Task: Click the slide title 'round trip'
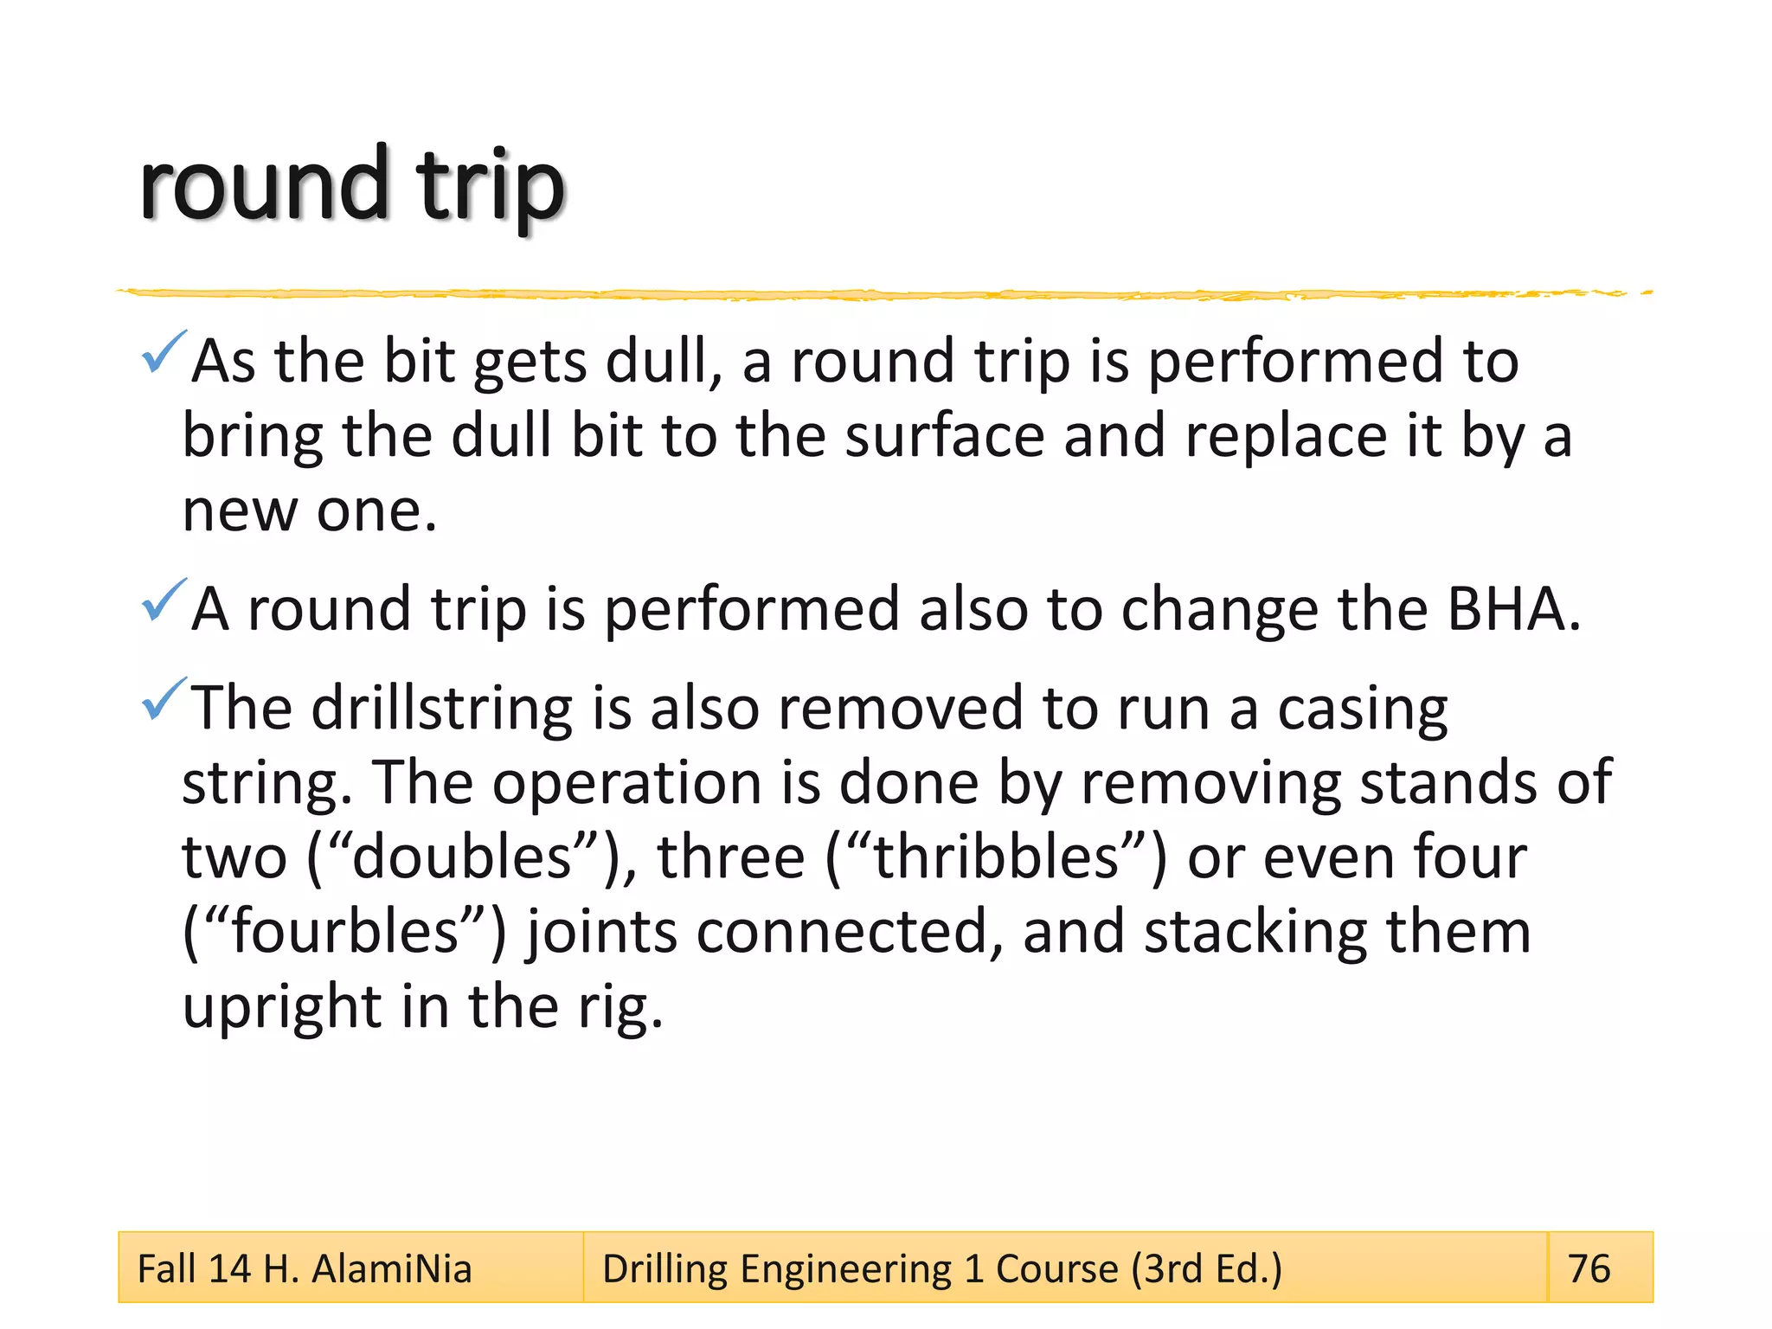[x=351, y=186]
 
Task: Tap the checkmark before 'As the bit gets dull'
[x=163, y=352]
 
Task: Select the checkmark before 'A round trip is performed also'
[x=163, y=600]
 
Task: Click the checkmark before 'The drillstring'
[x=163, y=699]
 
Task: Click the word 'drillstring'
[x=441, y=709]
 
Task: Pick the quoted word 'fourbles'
[x=345, y=932]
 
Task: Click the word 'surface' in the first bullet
[x=944, y=435]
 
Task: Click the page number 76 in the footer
[x=1589, y=1268]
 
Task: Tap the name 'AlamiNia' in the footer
[x=392, y=1269]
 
